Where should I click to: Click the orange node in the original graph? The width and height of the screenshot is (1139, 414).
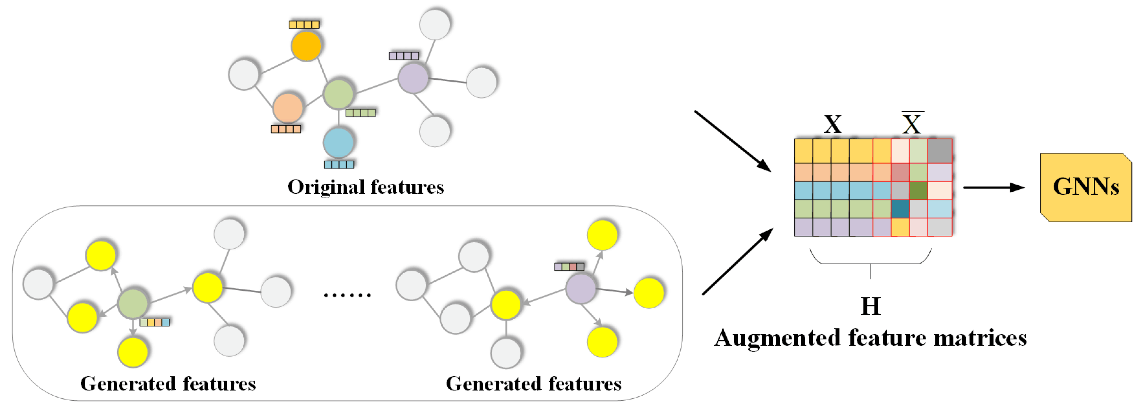[306, 46]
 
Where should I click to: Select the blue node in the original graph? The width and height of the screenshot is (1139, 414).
[338, 142]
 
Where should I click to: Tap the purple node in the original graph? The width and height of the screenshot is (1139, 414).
[413, 78]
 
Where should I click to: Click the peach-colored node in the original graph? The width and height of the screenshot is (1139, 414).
[287, 108]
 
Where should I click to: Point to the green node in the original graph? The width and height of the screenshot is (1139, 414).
[338, 94]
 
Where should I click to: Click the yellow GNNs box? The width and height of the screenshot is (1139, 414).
[1085, 187]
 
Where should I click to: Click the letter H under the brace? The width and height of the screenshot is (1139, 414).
[871, 306]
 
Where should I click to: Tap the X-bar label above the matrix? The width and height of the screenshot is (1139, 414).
[912, 124]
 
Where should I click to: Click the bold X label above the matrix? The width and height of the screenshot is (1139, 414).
[833, 124]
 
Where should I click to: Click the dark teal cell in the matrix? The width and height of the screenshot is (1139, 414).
[900, 209]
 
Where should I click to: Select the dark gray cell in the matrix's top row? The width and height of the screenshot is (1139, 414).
[940, 151]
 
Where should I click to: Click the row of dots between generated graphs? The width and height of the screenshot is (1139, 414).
[347, 295]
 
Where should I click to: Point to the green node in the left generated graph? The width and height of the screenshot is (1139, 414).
[133, 304]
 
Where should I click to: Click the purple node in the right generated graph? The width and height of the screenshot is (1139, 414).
[580, 288]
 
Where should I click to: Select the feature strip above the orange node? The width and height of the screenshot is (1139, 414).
[304, 24]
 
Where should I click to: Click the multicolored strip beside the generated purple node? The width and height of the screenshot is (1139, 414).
[569, 267]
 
